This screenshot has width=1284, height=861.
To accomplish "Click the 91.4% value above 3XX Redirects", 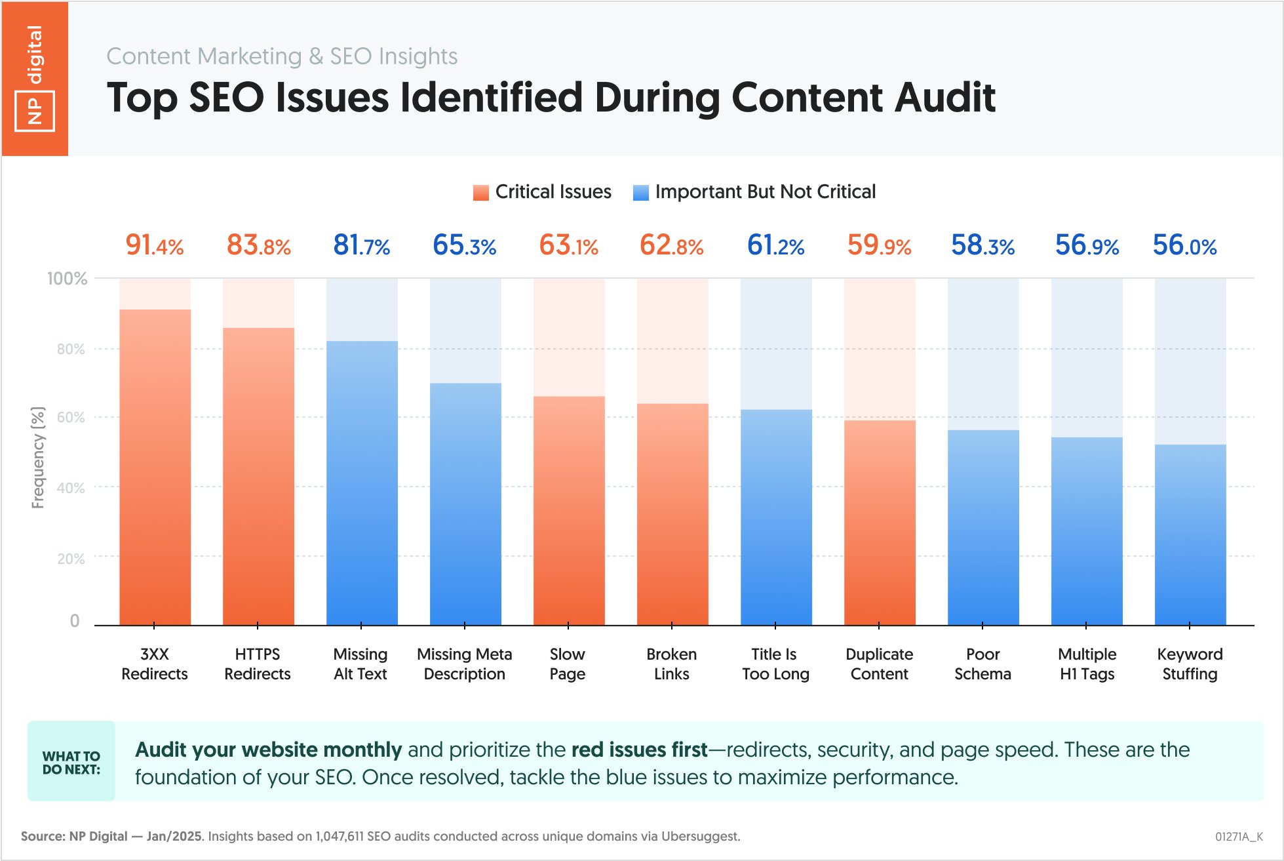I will coord(155,245).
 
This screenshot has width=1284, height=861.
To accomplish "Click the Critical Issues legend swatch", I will coord(481,193).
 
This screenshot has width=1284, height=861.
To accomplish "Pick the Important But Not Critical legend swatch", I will coord(640,193).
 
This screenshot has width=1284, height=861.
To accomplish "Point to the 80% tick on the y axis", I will coord(71,349).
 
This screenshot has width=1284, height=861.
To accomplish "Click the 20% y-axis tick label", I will coord(71,559).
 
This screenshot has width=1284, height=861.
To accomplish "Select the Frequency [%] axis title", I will coord(38,457).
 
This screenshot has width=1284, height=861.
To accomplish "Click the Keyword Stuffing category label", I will coord(1190,664).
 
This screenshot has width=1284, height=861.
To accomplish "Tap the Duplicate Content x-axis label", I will coord(879,664).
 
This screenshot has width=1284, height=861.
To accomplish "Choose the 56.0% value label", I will coord(1184,245).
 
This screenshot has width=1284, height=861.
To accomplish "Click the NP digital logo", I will coord(35,79).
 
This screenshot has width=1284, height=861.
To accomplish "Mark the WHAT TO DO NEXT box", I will coord(71,762).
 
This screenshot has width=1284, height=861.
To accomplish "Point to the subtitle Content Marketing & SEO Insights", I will coord(282,56).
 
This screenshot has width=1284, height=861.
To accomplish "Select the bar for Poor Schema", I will coord(982,527).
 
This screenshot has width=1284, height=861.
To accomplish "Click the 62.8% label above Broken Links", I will coord(671,245).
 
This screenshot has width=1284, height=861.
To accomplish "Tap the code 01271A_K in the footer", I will coord(1238,837).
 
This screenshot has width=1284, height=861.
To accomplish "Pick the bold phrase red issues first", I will coord(639,750).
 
